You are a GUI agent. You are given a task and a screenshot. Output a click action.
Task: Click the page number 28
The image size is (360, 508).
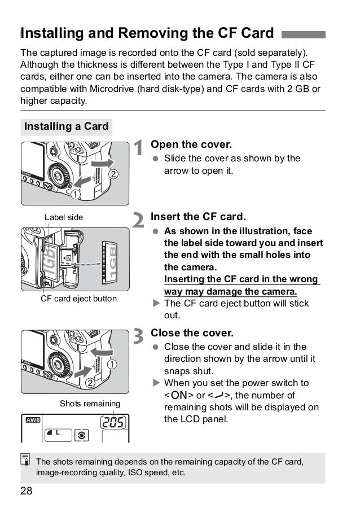click(26, 491)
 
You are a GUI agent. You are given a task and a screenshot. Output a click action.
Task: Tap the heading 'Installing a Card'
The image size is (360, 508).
click(66, 126)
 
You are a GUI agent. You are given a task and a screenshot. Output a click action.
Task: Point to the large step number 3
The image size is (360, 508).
click(139, 337)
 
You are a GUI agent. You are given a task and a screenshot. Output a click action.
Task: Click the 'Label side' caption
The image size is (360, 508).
click(64, 217)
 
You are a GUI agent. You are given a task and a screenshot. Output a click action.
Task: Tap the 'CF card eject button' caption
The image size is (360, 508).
click(78, 298)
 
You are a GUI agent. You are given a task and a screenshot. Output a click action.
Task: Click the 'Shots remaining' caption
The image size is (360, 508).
click(90, 404)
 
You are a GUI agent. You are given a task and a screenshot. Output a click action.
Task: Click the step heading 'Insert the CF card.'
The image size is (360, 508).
click(199, 217)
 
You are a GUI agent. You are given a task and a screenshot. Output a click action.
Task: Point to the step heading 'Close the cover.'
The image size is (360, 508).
click(192, 332)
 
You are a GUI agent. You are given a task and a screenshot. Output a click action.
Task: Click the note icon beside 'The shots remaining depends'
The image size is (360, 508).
click(27, 462)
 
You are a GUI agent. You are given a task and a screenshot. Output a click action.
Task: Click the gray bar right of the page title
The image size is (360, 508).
click(303, 34)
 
